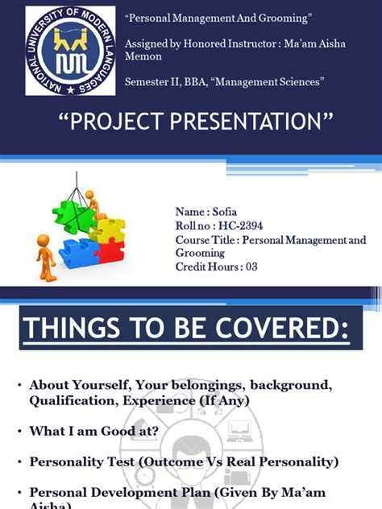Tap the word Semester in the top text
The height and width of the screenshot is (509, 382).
tap(150, 81)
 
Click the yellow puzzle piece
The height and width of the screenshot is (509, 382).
tap(108, 230)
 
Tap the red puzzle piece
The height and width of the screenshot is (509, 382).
tap(110, 252)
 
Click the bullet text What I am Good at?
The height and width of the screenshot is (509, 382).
tap(95, 431)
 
